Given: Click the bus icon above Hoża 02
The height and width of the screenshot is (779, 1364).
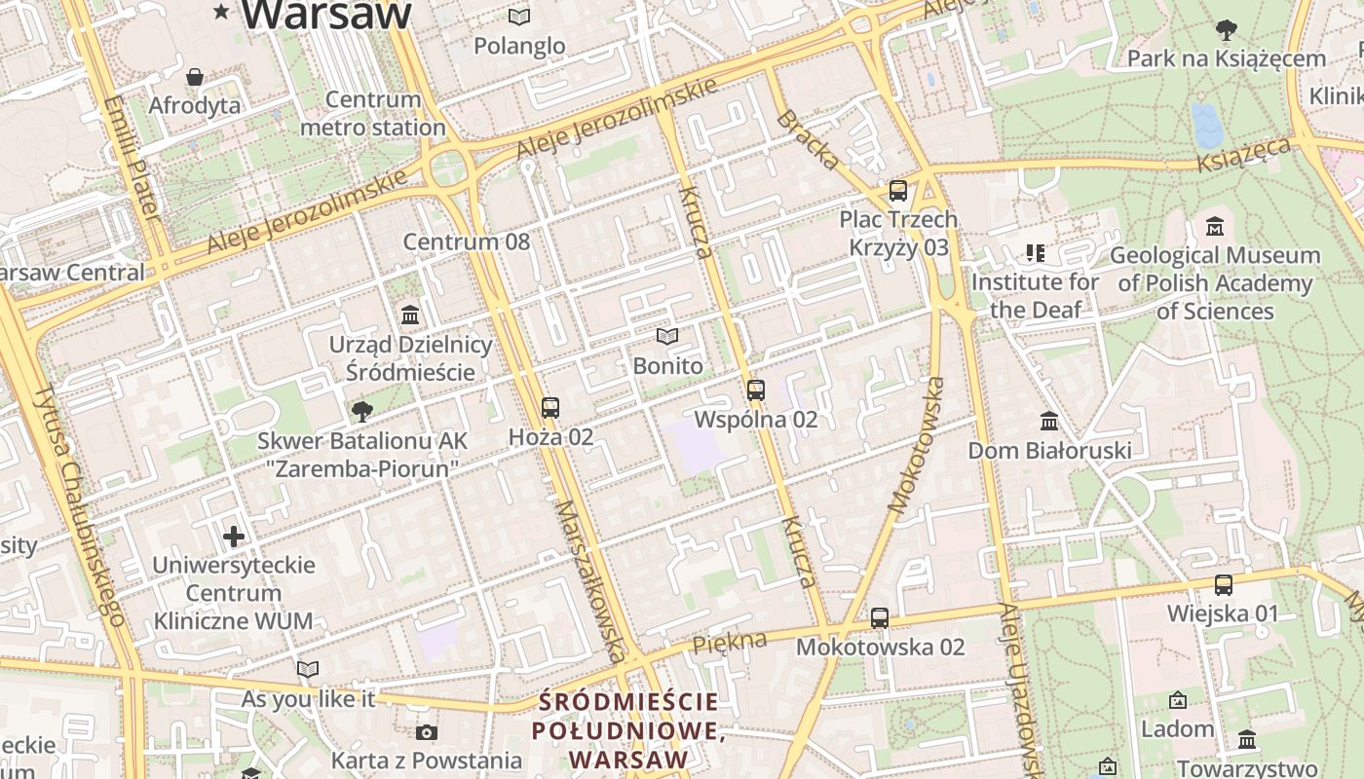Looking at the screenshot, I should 550,407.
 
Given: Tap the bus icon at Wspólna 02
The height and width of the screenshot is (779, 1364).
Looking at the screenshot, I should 755,389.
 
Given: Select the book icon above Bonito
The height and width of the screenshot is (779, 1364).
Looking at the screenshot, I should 667,337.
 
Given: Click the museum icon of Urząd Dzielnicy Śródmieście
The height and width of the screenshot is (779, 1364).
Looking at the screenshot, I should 410,315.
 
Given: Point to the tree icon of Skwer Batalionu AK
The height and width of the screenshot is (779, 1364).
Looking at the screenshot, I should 361,411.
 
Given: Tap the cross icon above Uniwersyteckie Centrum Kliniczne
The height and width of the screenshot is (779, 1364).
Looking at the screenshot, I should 234,536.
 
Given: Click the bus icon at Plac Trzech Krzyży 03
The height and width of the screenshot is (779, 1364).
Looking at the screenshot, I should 898,190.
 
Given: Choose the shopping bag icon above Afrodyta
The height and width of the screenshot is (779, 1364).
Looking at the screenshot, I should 195,76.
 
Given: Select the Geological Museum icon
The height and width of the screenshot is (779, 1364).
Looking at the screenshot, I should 1214,226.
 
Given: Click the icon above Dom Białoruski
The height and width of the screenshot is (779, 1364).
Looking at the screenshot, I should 1049,421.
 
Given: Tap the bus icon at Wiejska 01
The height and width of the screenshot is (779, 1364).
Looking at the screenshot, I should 1223,584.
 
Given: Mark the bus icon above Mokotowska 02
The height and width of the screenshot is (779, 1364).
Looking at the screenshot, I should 880,617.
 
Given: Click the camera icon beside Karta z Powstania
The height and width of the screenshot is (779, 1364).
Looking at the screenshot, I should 426,732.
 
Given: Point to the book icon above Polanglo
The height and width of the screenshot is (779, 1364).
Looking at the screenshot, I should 519,17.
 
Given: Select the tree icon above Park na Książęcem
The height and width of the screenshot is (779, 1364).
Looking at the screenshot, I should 1226,29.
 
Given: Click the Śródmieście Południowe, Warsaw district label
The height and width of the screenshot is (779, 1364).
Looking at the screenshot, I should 629,729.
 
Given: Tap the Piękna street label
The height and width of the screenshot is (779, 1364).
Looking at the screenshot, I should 729,642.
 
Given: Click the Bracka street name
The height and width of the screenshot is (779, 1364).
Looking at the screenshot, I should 807,139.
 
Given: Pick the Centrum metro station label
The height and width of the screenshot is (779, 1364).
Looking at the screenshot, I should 373,113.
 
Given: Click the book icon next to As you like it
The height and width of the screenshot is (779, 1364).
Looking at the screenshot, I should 308,669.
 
